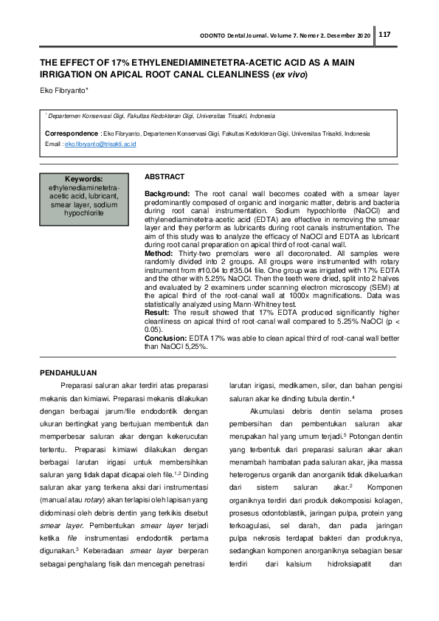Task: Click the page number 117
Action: pos(385,35)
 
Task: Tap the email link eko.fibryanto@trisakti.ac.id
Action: pos(100,145)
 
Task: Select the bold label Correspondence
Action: pos(72,133)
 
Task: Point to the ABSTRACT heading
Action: pos(165,178)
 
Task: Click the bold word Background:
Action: pos(167,192)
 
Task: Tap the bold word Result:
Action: pos(158,313)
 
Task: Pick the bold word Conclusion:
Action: pos(165,338)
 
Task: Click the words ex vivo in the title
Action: pos(290,75)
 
